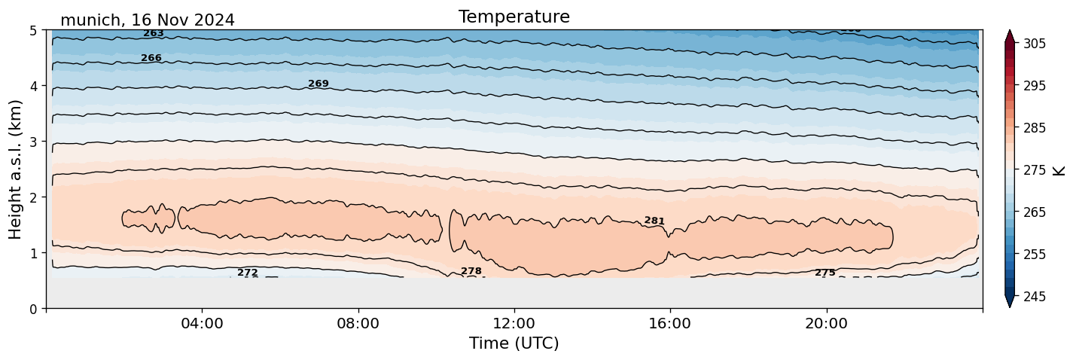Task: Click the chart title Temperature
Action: pyautogui.click(x=514, y=17)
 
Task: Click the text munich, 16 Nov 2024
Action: pyautogui.click(x=148, y=20)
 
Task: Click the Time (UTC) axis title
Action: pyautogui.click(x=514, y=343)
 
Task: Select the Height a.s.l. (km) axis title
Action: pyautogui.click(x=16, y=169)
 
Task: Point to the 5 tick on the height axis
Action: pyautogui.click(x=34, y=30)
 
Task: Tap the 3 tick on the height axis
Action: pyautogui.click(x=34, y=142)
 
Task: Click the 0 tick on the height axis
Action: pyautogui.click(x=34, y=309)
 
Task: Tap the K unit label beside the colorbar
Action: pyautogui.click(x=1059, y=170)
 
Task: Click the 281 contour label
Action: pyautogui.click(x=654, y=221)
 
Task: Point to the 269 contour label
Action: pyautogui.click(x=319, y=84)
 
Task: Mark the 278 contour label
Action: pyautogui.click(x=471, y=271)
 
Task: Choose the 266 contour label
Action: pyautogui.click(x=151, y=58)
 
